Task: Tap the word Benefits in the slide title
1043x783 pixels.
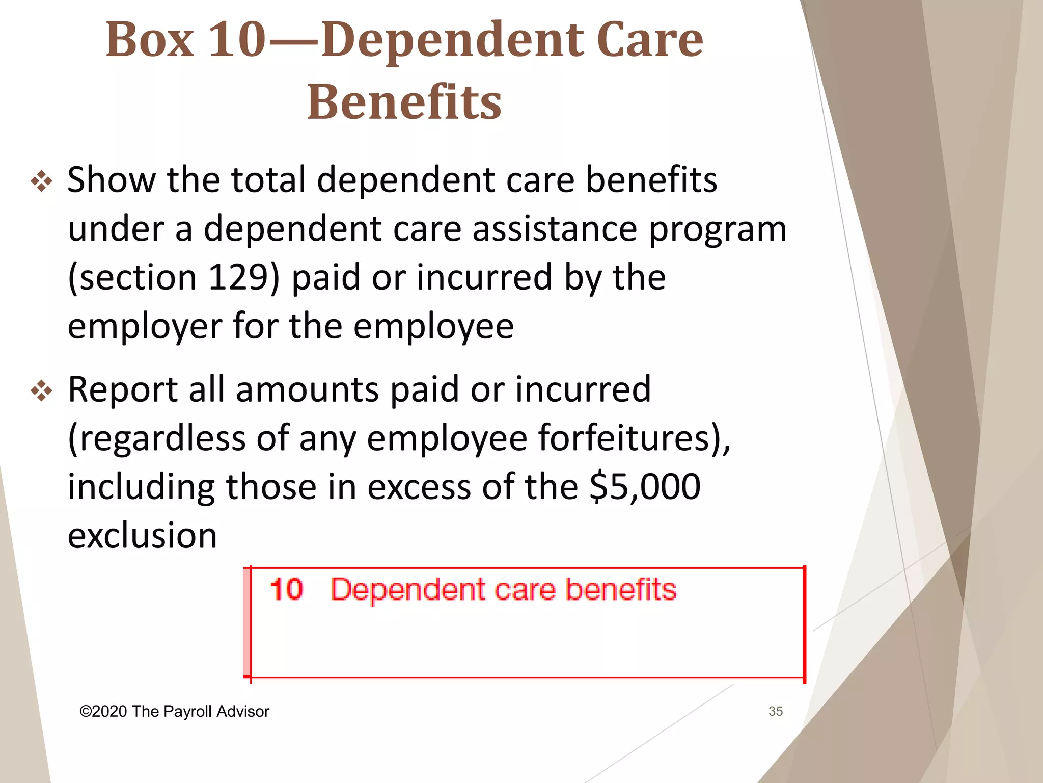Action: pos(404,102)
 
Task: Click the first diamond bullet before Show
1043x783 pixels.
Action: pos(42,182)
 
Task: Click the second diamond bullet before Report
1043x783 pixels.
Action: pos(42,391)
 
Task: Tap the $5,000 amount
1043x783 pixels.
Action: pos(645,487)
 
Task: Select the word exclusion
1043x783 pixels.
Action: pos(142,536)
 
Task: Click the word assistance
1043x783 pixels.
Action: pos(555,229)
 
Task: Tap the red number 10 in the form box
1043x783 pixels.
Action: pos(286,590)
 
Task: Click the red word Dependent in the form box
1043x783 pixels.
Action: pos(407,590)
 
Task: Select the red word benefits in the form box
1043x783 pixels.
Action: pos(621,590)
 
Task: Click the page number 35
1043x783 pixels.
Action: pos(775,711)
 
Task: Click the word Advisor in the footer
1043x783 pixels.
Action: pos(242,712)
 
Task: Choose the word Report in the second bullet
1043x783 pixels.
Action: pos(122,390)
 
